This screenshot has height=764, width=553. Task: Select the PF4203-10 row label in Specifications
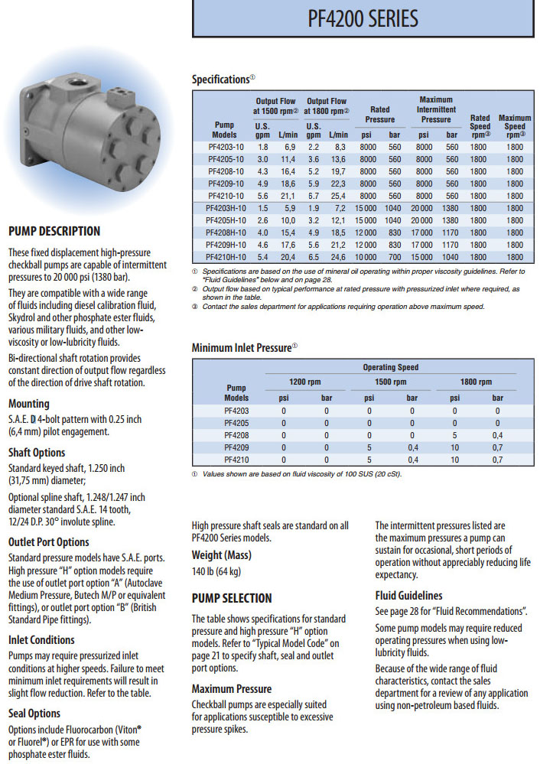tap(226, 146)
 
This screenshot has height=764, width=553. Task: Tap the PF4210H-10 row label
tap(226, 257)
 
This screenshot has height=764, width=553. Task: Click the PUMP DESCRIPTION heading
tap(54, 231)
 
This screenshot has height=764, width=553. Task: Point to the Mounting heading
tap(28, 403)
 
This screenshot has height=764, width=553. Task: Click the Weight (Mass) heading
tap(223, 554)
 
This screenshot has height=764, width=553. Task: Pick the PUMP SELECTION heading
tap(231, 598)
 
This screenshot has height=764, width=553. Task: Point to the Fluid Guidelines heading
tap(408, 596)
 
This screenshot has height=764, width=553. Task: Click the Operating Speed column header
tap(390, 368)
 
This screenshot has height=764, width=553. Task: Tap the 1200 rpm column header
tap(304, 382)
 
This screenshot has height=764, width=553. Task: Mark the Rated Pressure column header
tap(380, 114)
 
